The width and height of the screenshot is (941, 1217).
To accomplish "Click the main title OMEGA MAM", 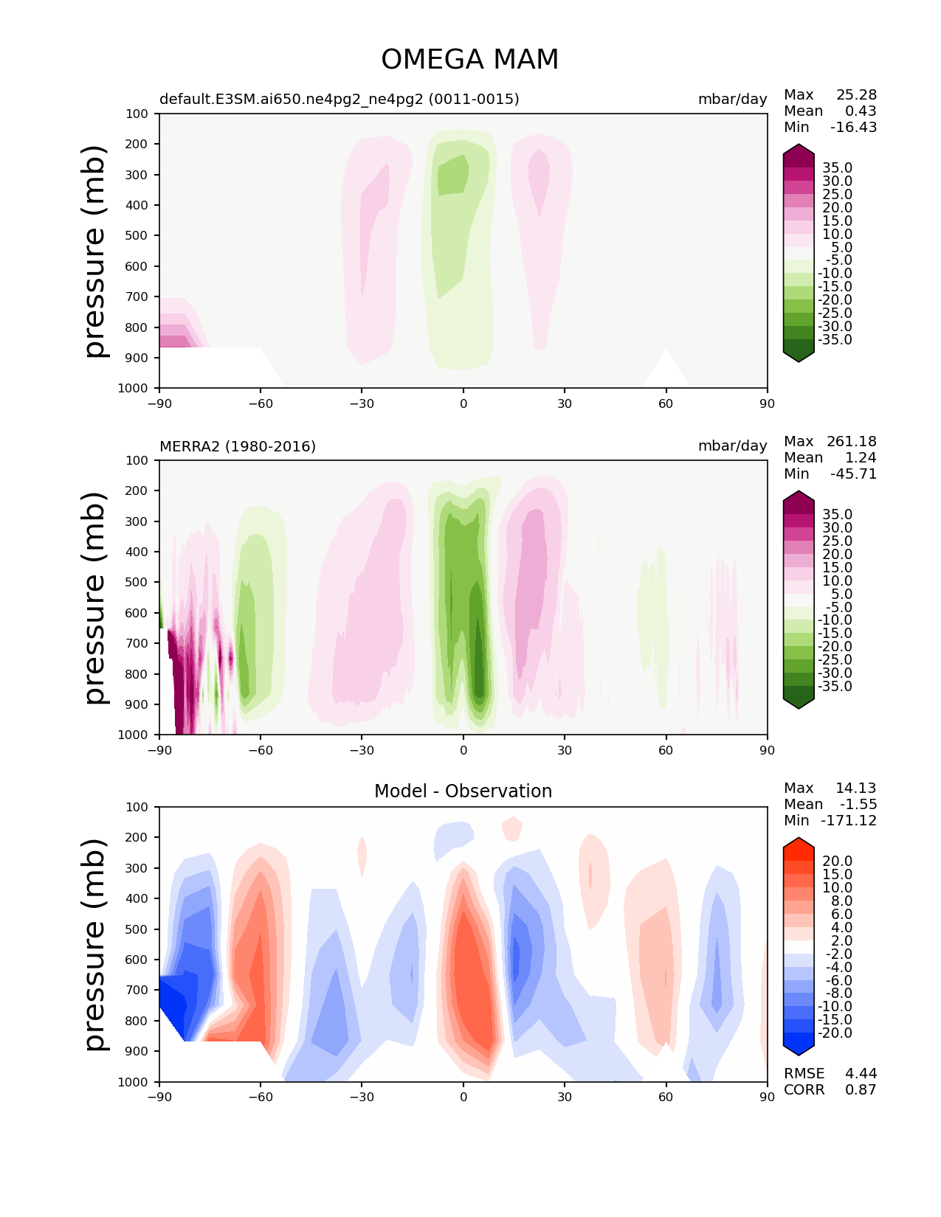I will pos(469,60).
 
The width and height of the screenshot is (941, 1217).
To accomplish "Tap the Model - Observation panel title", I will pos(463,791).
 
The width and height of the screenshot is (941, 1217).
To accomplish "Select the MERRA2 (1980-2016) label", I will pos(238,446).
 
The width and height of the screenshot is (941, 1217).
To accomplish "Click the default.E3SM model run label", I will pos(339,99).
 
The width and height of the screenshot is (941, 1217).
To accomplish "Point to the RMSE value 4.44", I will pos(861,1073).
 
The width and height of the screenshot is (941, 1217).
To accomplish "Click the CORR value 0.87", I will pos(861,1089).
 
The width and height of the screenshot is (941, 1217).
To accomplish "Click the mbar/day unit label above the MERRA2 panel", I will pos(732,446).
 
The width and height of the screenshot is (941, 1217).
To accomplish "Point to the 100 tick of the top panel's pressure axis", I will pos(137,114).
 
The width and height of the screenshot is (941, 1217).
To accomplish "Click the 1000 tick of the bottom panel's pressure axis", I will pos(134,1082).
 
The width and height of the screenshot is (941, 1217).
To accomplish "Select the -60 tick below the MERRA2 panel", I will pos(260,750).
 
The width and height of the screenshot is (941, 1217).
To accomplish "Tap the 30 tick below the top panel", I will pos(565,403).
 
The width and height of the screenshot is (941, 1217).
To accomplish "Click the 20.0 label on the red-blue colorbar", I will pos(837,861).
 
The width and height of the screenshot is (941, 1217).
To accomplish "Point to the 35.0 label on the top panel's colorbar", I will pos(837,168).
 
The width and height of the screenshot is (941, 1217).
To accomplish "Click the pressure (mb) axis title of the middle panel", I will pos(95,597).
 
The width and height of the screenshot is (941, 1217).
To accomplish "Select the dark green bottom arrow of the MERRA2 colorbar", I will pos(799,701).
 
